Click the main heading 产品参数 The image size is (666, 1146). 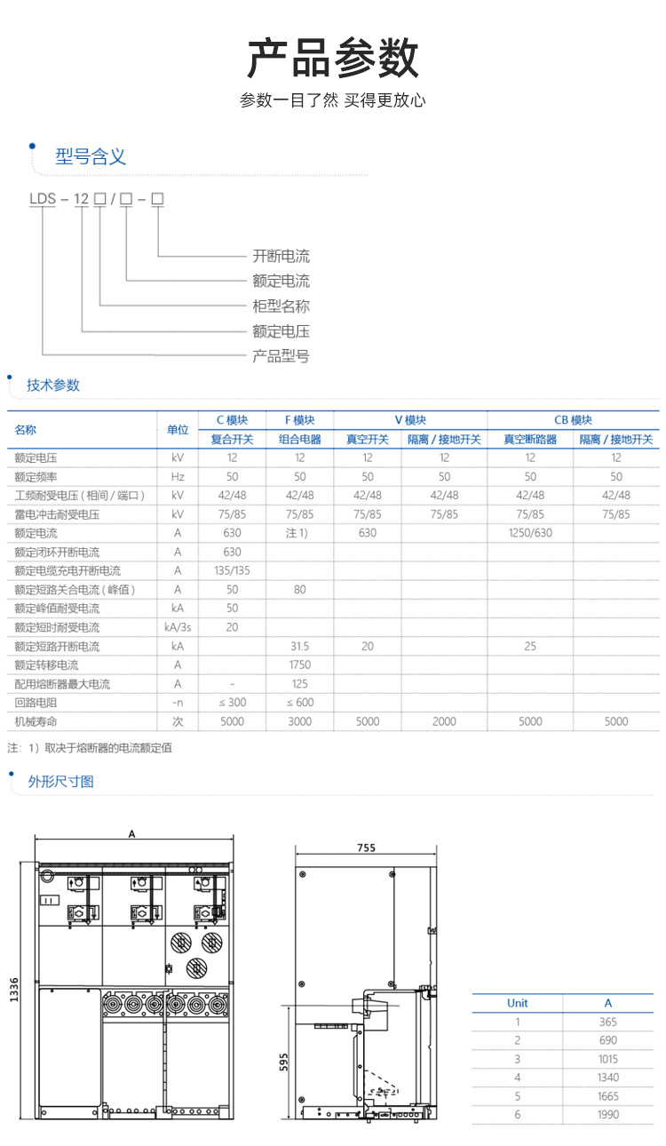[x=332, y=59]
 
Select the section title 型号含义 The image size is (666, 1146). [x=91, y=157]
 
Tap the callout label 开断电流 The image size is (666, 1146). [x=281, y=257]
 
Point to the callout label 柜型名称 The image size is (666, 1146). [x=281, y=306]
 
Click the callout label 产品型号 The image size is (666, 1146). [x=281, y=356]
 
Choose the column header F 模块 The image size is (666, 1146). [x=299, y=420]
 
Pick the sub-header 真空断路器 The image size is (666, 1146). [x=530, y=439]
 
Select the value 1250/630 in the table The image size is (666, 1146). [x=530, y=533]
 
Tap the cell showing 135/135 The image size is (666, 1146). [x=232, y=570]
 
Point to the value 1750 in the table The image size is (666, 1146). [x=299, y=665]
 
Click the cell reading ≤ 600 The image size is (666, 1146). [x=299, y=703]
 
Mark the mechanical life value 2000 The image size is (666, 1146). [x=444, y=721]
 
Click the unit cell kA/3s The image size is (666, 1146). [x=178, y=627]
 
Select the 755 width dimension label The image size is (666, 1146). [x=366, y=848]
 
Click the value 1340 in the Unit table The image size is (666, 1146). [x=608, y=1078]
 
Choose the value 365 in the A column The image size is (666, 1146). [x=608, y=1022]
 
